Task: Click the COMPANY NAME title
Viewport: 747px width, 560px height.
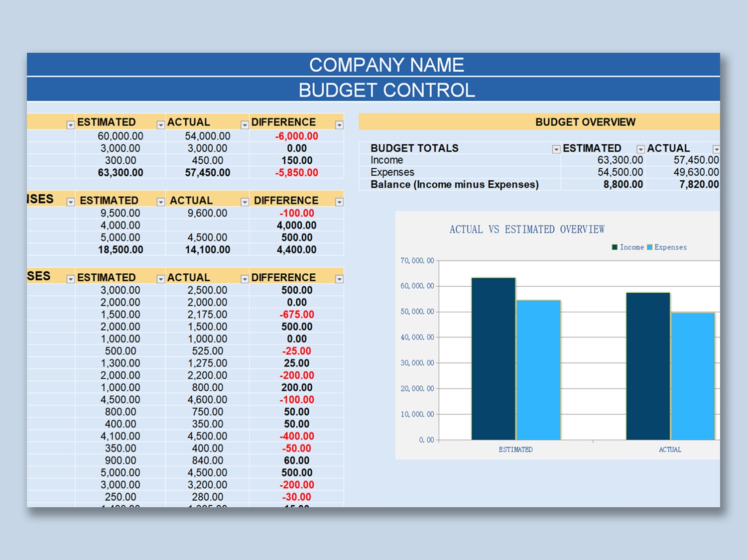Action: (x=386, y=65)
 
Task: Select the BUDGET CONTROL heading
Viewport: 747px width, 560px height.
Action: (x=386, y=90)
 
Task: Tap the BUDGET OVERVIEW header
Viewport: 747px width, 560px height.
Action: (x=585, y=122)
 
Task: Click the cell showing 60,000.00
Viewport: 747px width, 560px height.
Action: (x=121, y=136)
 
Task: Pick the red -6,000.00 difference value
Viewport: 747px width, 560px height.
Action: (x=296, y=136)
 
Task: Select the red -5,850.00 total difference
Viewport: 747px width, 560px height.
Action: (x=296, y=173)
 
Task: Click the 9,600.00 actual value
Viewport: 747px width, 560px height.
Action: (x=207, y=213)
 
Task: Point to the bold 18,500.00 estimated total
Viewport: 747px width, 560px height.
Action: (x=121, y=250)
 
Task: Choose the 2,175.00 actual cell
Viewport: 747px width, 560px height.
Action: (x=207, y=315)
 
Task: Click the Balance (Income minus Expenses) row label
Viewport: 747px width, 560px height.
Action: (x=454, y=185)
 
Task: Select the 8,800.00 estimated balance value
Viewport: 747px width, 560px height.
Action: (x=623, y=185)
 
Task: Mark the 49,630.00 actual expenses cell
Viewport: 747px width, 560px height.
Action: (x=696, y=172)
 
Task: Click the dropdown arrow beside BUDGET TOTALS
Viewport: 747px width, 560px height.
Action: (x=556, y=149)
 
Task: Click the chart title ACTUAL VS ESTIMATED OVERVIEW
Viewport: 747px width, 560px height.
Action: (x=527, y=229)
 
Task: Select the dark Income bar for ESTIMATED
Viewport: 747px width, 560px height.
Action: (x=493, y=358)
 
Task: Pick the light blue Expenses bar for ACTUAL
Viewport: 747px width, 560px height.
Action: (x=693, y=376)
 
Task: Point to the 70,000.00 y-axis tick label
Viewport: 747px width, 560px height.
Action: (x=417, y=261)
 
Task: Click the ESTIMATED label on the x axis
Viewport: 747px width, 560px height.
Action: (x=515, y=449)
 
